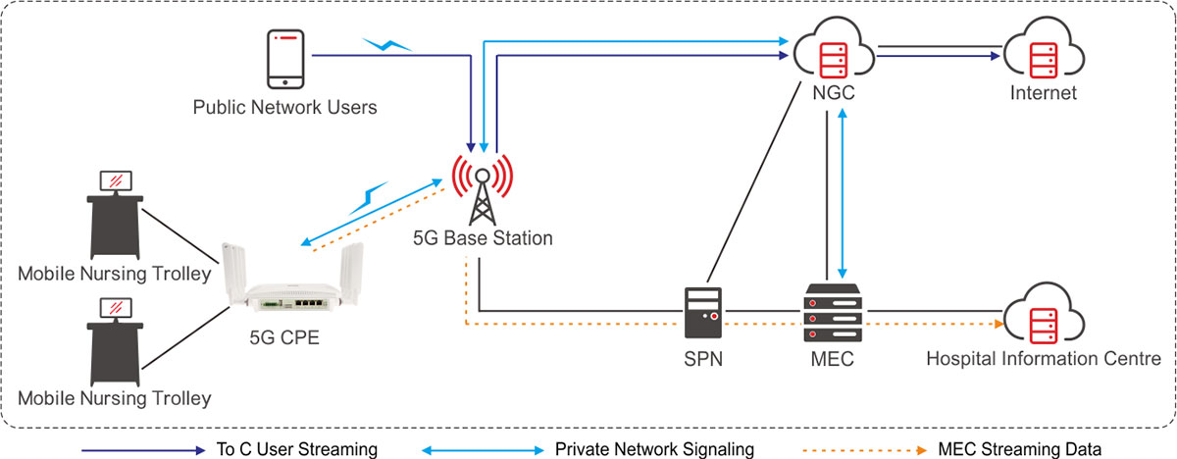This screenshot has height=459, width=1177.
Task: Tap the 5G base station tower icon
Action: (x=482, y=190)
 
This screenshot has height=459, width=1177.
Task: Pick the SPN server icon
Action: (x=702, y=312)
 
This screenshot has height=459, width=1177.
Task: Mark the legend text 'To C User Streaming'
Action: (x=295, y=449)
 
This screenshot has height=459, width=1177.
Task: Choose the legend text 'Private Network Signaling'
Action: (x=654, y=449)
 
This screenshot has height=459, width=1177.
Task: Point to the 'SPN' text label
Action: (x=703, y=359)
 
